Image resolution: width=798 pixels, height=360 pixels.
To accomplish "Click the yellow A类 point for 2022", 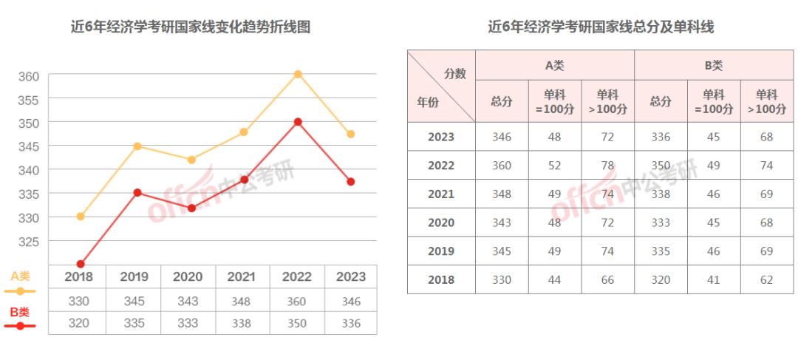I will (x=298, y=74).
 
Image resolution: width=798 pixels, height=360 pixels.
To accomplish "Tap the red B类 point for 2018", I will (x=81, y=264).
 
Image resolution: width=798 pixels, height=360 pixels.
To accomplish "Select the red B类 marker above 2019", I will (x=137, y=192).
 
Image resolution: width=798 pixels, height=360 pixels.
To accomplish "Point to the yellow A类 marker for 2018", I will (x=81, y=217).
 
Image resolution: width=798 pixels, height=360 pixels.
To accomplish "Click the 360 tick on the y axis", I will (x=28, y=76).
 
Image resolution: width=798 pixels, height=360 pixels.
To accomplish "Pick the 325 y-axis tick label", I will (x=28, y=242).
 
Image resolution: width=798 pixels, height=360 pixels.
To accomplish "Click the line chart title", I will (x=189, y=27).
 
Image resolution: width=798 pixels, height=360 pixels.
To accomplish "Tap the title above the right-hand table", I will (x=601, y=27).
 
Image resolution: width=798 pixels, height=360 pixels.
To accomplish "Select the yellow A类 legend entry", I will (x=20, y=283).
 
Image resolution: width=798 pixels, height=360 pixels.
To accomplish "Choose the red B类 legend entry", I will (x=20, y=318).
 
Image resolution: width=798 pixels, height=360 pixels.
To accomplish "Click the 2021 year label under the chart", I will (x=242, y=277).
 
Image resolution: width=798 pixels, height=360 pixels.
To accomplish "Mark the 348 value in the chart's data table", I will (x=242, y=302).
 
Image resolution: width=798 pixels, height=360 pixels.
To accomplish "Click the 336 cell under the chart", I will (x=351, y=323).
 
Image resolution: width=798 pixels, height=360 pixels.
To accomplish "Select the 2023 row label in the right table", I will (x=441, y=137).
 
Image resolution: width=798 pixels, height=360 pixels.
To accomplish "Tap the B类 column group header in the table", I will (x=713, y=66).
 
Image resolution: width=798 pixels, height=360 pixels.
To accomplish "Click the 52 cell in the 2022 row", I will (x=555, y=166).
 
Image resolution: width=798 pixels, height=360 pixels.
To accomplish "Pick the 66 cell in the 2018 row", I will (x=607, y=280).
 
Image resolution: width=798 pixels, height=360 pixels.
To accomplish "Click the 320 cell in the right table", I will (x=661, y=280).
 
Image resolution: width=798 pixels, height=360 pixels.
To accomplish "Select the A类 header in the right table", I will (x=554, y=66).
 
